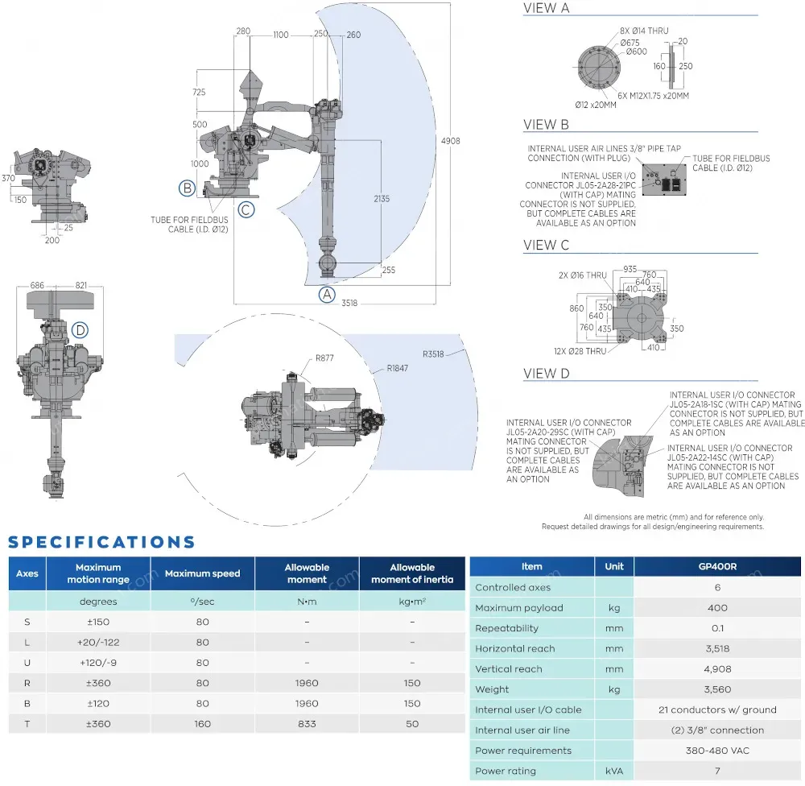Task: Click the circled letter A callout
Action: point(327,294)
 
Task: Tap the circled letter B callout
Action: point(187,188)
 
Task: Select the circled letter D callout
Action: point(79,329)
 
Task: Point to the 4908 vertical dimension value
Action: point(452,141)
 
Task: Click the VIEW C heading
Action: point(546,245)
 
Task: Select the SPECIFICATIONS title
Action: point(101,542)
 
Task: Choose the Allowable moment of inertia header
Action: point(412,573)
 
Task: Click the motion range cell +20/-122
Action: point(98,642)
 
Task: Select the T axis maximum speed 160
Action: point(202,724)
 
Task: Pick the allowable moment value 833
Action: point(307,724)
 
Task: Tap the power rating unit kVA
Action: point(614,772)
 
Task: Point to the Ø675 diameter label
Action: point(630,43)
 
